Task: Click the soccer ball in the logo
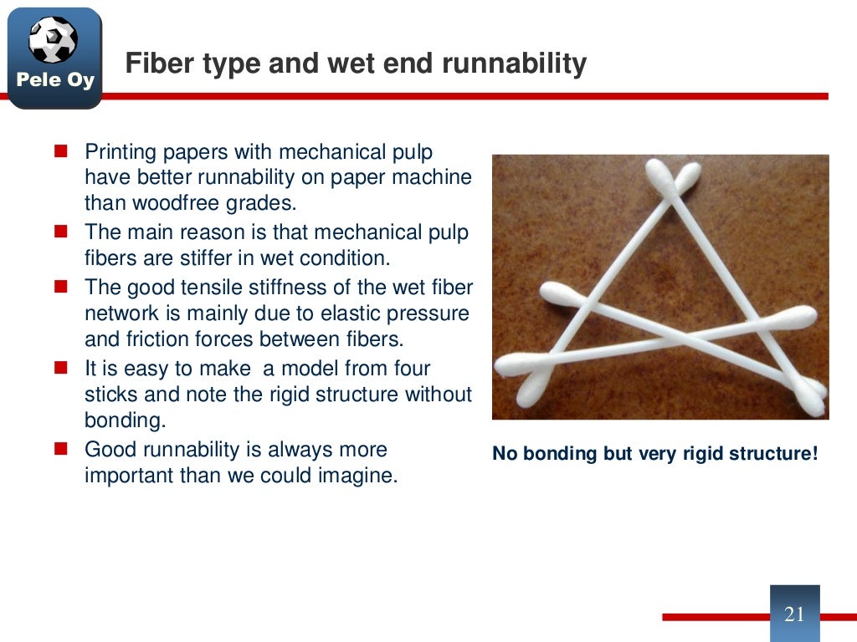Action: click(53, 39)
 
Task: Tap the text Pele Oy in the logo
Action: click(54, 81)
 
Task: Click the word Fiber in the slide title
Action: click(152, 64)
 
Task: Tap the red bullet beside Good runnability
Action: click(61, 450)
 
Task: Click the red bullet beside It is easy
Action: click(61, 368)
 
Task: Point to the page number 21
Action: click(794, 614)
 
